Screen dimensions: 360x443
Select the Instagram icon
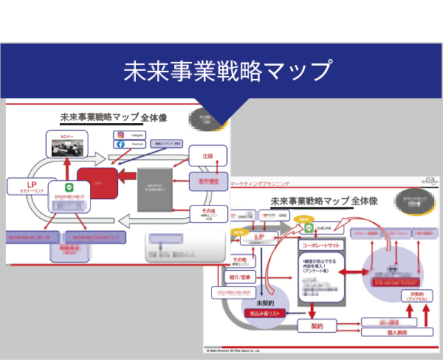(120, 135)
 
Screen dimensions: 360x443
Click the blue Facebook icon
(120, 145)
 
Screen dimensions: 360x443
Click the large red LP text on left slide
(32, 184)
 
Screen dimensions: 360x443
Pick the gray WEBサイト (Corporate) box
(155, 187)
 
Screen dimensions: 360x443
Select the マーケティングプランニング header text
(261, 182)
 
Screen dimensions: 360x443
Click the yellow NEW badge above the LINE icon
(303, 219)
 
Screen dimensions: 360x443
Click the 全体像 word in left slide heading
(154, 117)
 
